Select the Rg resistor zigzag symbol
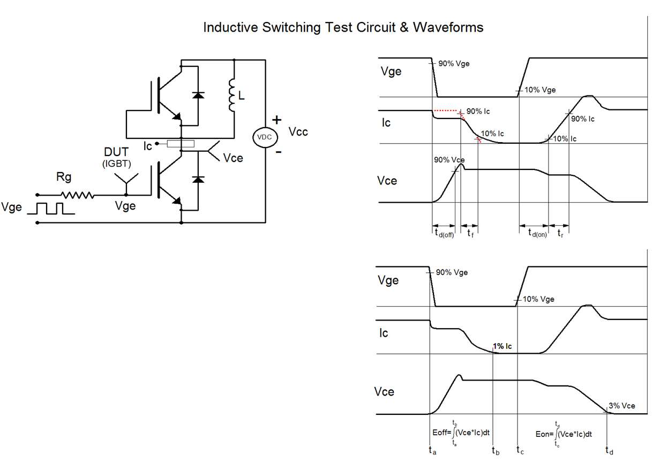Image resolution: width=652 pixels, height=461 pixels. coord(77,195)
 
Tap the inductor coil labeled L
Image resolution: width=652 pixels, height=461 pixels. coord(233,95)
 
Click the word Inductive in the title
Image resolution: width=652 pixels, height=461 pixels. coord(230,27)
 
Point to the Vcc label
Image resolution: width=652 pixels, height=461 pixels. coord(298,131)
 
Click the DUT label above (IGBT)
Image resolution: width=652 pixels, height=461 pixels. coord(116,152)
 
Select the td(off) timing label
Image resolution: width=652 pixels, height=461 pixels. coord(444,234)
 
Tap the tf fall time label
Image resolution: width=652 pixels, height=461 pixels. coord(470,233)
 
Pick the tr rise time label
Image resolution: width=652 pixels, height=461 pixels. coord(560,233)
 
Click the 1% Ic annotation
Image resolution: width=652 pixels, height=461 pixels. coord(503,346)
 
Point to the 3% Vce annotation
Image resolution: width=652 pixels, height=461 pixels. coord(621,406)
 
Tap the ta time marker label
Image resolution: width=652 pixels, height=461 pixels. coord(432,451)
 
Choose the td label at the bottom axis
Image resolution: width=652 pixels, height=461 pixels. coord(610,451)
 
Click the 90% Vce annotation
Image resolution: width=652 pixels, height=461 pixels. coord(449,160)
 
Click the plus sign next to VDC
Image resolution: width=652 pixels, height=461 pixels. coord(276,120)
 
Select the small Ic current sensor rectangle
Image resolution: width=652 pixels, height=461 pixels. coord(181,144)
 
